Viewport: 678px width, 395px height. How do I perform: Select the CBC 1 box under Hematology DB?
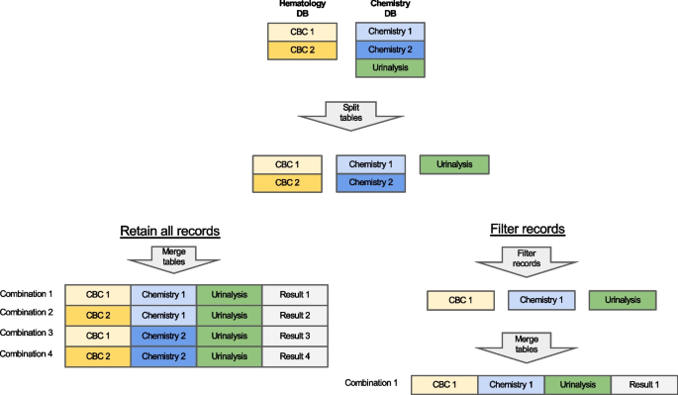click(297, 31)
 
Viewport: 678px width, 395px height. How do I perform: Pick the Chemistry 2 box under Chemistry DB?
click(389, 49)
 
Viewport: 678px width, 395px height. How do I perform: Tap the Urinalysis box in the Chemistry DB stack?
click(389, 68)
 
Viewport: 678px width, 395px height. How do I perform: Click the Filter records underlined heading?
click(528, 229)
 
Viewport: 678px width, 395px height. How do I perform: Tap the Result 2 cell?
click(294, 315)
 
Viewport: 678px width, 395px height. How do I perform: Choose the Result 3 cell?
click(294, 335)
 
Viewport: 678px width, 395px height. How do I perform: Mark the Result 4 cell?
click(294, 354)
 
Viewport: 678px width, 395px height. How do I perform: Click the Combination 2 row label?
click(28, 314)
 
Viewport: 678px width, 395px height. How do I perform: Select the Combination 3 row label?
click(28, 334)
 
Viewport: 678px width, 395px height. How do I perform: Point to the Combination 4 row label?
click(28, 353)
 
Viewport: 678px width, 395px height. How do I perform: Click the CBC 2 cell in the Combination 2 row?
click(98, 315)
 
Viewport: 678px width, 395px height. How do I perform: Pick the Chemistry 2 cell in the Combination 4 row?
click(163, 354)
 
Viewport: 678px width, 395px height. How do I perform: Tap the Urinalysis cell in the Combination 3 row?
click(229, 335)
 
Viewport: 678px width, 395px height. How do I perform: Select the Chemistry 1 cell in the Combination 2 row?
click(163, 315)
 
